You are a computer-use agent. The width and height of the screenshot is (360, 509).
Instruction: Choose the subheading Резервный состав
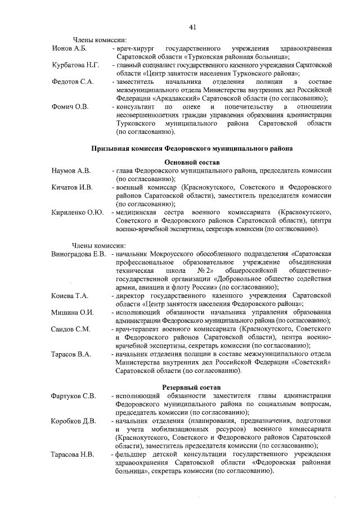[x=192, y=388]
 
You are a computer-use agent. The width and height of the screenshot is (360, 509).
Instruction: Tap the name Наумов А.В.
[x=71, y=171]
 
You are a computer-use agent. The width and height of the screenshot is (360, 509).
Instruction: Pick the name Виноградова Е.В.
[x=79, y=254]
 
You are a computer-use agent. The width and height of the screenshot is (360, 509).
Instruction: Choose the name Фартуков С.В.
[x=74, y=396]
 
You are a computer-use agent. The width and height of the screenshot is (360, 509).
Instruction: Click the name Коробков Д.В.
[x=74, y=421]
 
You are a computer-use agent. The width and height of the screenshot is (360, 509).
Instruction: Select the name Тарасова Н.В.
[x=73, y=454]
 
